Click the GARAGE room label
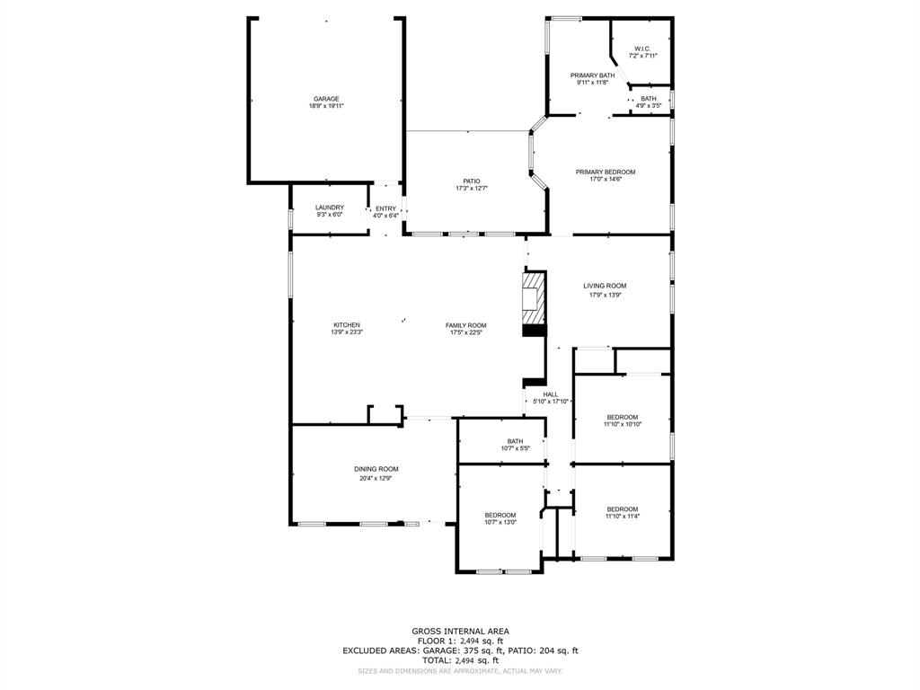point(326,99)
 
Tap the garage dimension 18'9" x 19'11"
point(326,106)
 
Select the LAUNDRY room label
point(329,208)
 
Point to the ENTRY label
point(385,208)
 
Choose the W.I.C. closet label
point(641,49)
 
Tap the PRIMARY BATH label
point(592,75)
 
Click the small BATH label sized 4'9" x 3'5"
point(648,99)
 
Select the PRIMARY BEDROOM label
point(606,172)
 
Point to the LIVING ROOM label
point(604,286)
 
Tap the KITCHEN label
point(347,325)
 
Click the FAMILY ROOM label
point(466,325)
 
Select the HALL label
point(551,394)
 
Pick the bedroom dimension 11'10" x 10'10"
point(623,424)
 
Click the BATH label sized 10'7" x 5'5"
point(515,441)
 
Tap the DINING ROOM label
point(376,469)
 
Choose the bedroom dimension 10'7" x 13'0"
point(500,522)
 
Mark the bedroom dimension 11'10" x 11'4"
point(622,516)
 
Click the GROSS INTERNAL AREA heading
point(460,631)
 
